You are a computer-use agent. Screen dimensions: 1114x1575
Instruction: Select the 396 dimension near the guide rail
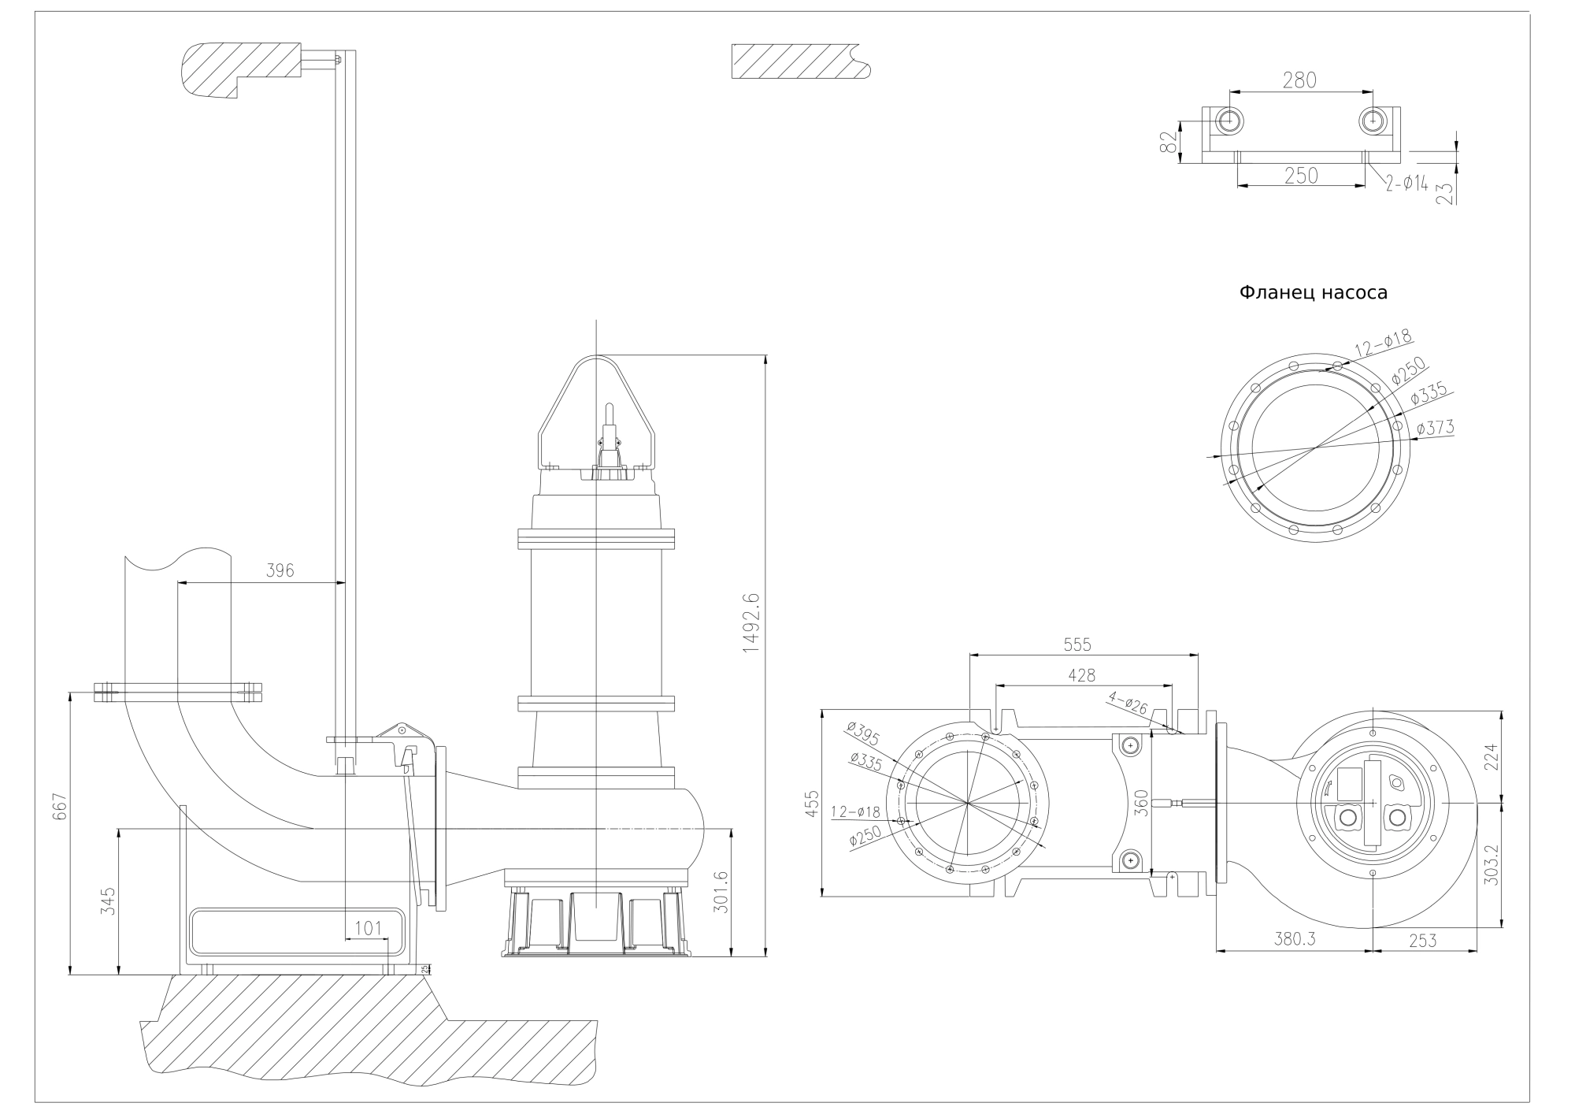click(x=280, y=570)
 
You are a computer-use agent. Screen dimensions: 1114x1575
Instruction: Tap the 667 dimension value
click(x=61, y=807)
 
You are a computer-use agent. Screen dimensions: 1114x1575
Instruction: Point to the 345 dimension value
click(x=109, y=900)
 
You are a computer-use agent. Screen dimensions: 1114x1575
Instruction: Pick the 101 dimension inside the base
click(x=368, y=928)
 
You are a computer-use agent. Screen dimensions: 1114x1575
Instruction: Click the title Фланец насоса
click(x=1313, y=293)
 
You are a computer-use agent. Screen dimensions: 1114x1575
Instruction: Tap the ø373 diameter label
click(x=1435, y=428)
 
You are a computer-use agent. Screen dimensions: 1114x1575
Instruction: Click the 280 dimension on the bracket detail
click(x=1299, y=80)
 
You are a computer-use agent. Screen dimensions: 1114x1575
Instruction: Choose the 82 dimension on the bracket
click(x=1169, y=142)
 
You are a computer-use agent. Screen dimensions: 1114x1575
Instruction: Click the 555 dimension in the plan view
click(x=1077, y=644)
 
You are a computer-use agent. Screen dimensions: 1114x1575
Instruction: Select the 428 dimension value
click(x=1081, y=675)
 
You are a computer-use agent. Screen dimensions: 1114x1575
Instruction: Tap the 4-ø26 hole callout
click(x=1128, y=701)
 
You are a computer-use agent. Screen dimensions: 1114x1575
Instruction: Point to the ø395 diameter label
click(x=864, y=733)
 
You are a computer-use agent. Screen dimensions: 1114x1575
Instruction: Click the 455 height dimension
click(x=812, y=804)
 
